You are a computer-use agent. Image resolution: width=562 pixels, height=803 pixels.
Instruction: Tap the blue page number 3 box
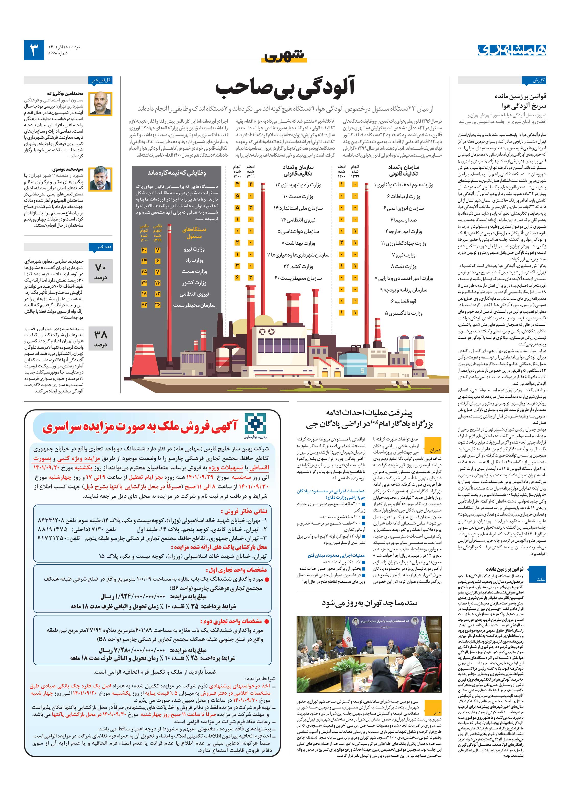pyautogui.click(x=34, y=50)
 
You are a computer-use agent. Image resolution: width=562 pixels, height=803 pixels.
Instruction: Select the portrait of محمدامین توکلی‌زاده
pyautogui.click(x=100, y=103)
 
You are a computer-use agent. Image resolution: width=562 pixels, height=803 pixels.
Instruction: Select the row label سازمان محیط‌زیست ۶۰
pyautogui.click(x=298, y=278)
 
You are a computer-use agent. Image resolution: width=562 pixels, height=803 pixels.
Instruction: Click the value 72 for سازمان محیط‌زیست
pyautogui.click(x=144, y=305)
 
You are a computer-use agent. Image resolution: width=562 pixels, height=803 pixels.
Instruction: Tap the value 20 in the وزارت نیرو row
pyautogui.click(x=144, y=250)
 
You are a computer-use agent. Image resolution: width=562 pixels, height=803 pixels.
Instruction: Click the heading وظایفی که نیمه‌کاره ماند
pyautogui.click(x=176, y=172)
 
